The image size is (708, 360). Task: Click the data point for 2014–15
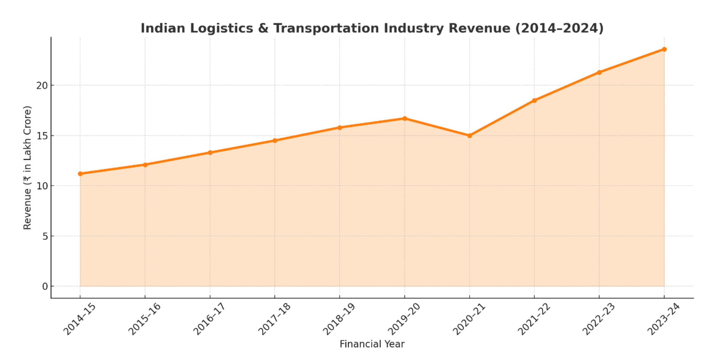click(80, 174)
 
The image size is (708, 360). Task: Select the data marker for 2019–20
click(405, 119)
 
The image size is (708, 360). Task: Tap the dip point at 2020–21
click(470, 136)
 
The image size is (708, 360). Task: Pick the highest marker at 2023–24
click(664, 49)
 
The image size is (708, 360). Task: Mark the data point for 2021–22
click(534, 100)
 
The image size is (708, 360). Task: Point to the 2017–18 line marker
click(275, 141)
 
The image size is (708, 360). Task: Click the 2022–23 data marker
click(599, 73)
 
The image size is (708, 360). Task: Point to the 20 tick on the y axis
click(42, 86)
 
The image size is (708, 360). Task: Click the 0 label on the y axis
click(45, 286)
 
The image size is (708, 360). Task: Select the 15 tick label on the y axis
click(42, 136)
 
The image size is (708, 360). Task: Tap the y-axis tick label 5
click(45, 236)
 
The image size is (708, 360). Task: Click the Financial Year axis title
click(372, 344)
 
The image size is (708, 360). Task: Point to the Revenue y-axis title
click(28, 168)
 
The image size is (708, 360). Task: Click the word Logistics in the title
click(222, 28)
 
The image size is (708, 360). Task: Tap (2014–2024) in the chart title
click(559, 28)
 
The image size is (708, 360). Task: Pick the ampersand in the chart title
click(263, 28)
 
